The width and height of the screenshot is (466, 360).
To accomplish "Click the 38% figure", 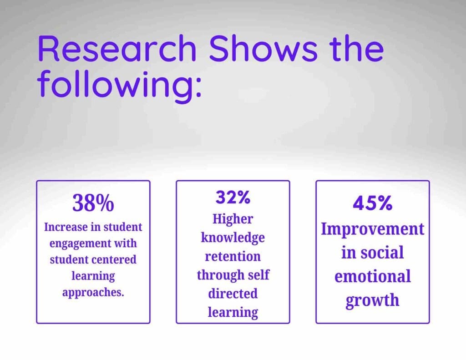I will [93, 203].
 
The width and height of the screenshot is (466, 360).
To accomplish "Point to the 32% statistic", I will [233, 198].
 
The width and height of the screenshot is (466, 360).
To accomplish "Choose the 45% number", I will [372, 203].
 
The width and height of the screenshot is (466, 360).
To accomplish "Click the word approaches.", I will [93, 292].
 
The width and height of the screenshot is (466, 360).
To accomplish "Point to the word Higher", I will [233, 219].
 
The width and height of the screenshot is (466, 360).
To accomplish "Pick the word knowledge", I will [233, 238].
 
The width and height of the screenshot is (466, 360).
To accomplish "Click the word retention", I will [233, 256].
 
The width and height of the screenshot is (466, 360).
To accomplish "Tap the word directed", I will [233, 294].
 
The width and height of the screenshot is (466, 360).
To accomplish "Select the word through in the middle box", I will [218, 275].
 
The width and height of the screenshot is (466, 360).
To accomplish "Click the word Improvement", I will [372, 229].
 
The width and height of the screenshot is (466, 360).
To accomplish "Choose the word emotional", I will [372, 276].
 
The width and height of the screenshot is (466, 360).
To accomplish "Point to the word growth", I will [372, 300].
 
